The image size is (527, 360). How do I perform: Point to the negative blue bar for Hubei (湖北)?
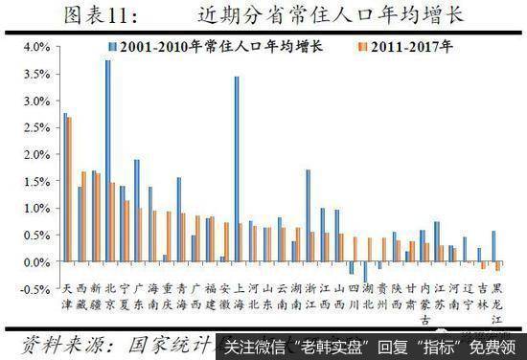coord(365,272)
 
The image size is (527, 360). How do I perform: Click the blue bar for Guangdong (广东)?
coord(136,211)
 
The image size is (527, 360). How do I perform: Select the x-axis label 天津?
coord(66,294)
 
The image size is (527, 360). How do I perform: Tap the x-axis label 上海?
coord(238,294)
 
